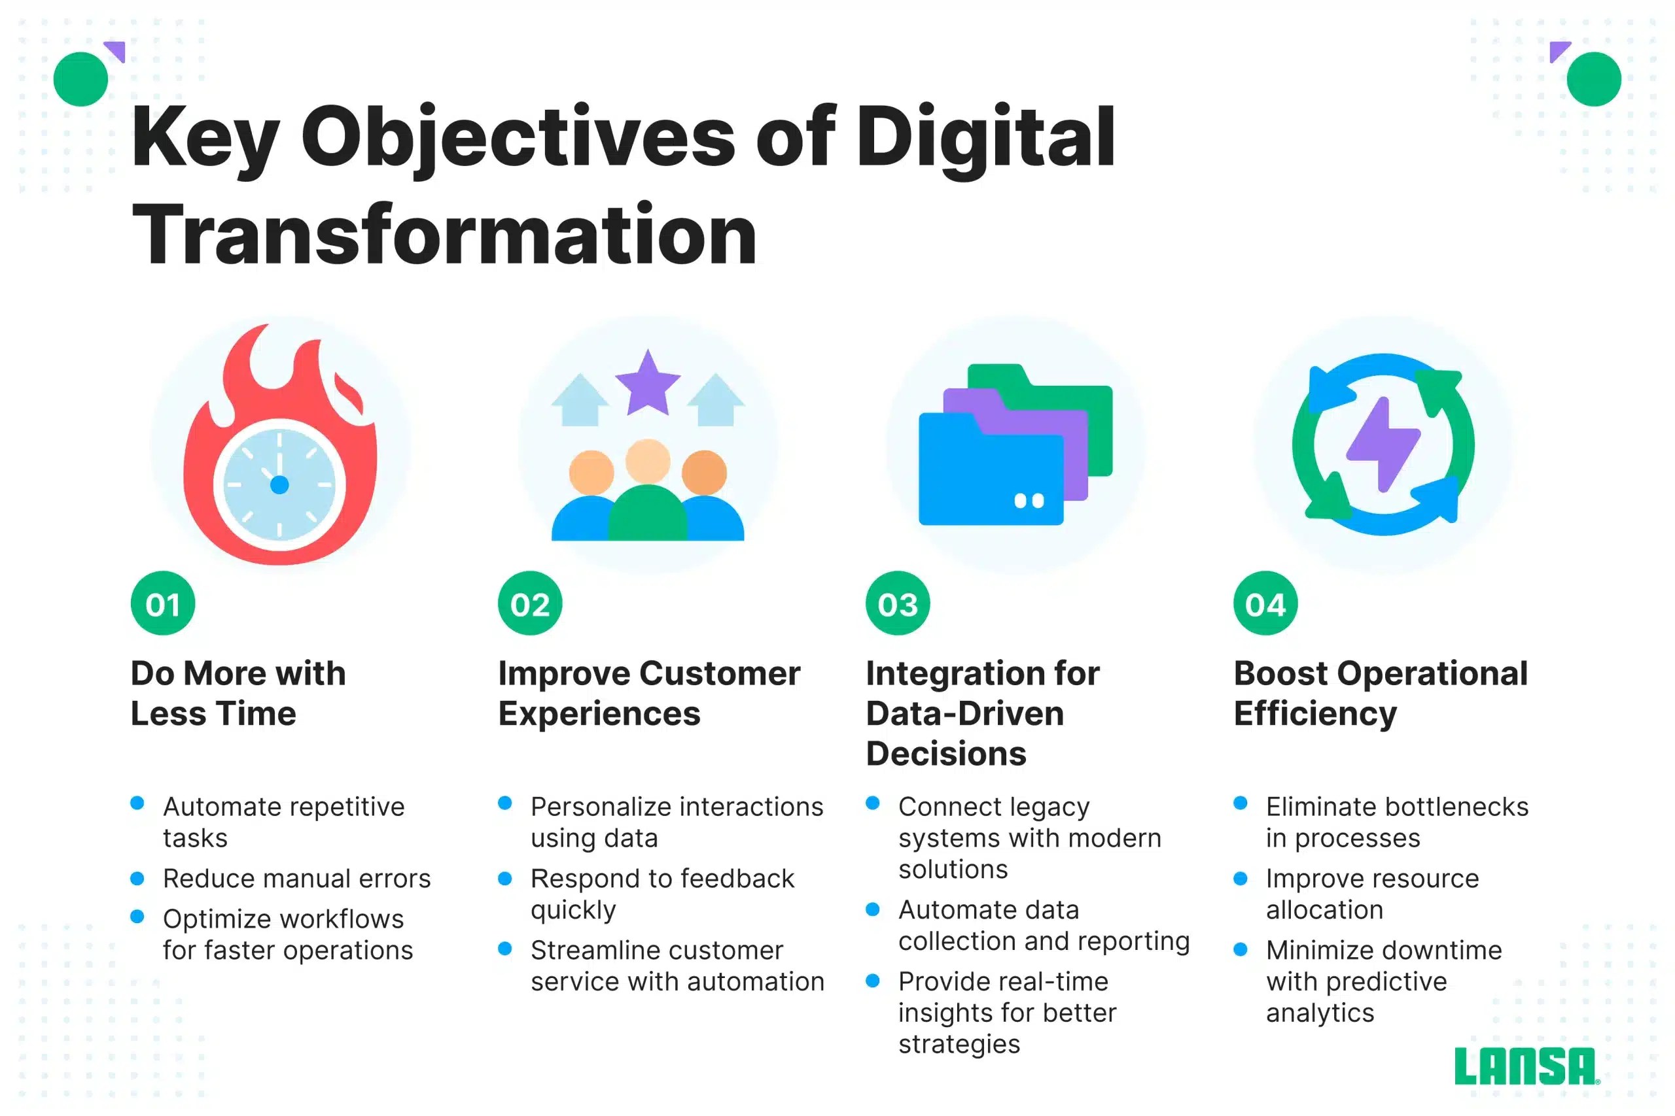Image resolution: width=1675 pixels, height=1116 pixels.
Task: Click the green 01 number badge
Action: (x=162, y=603)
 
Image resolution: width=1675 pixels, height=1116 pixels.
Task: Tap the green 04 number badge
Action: (x=1265, y=603)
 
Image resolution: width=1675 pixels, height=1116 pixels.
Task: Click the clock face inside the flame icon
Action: (x=279, y=484)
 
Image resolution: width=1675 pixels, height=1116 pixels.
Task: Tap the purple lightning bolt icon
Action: (x=1383, y=444)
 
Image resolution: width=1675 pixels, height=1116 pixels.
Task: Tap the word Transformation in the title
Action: (x=444, y=235)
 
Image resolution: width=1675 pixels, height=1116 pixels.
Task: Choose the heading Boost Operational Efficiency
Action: (x=1380, y=693)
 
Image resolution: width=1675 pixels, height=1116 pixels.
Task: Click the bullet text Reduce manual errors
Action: (x=296, y=878)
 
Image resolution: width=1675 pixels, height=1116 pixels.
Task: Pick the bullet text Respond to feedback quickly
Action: (x=661, y=894)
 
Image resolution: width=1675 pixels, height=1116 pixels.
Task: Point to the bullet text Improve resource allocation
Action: (x=1371, y=894)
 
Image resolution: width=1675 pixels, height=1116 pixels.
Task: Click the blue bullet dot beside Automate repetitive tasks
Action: (x=137, y=803)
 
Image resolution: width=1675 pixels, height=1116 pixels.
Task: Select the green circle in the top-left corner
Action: (x=80, y=79)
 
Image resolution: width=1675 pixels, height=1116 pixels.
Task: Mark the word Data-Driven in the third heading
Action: (x=964, y=713)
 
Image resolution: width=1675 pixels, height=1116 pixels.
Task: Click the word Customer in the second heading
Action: (x=719, y=673)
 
